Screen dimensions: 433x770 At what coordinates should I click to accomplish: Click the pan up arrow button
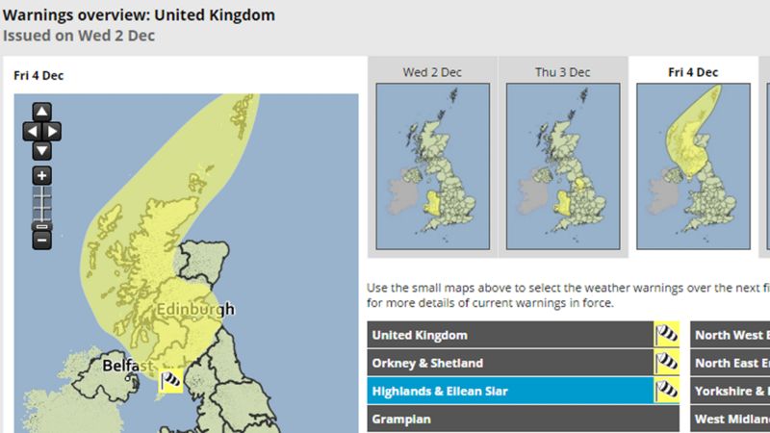41,112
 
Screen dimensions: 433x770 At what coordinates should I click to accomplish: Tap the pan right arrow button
54,131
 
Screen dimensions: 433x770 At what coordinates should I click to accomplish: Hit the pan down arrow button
41,150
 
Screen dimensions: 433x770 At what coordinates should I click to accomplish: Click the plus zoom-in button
41,176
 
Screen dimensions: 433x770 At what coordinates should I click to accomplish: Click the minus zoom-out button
41,239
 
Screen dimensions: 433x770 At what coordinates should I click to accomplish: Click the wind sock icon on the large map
171,381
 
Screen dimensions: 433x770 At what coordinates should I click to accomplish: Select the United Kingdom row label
420,335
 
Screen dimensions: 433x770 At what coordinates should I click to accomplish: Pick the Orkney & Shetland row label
427,364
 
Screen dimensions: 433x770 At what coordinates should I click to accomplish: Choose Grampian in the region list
402,420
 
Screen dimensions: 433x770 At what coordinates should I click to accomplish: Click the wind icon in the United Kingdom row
667,335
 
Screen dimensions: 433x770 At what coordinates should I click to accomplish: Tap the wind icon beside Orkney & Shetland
667,364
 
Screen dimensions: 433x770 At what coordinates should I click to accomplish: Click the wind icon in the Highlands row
667,392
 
